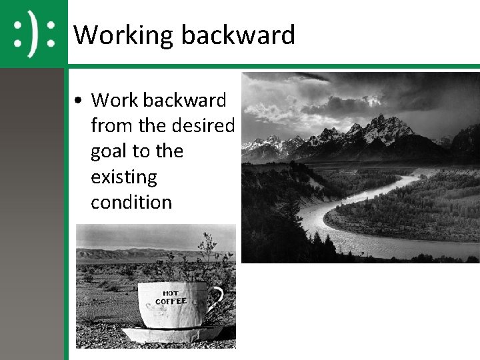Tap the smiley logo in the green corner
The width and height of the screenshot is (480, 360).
[x=33, y=33]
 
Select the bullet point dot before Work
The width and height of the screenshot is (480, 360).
[x=79, y=101]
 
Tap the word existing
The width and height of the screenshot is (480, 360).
[x=123, y=177]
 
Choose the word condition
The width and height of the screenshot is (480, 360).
[x=131, y=202]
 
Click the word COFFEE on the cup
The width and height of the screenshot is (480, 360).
[x=171, y=301]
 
